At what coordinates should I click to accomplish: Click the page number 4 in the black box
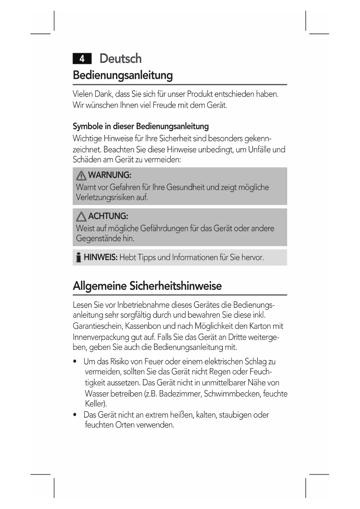click(82, 59)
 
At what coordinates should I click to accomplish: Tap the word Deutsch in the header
click(120, 59)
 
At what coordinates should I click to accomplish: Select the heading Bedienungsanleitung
click(123, 75)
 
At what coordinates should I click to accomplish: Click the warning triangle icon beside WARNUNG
click(81, 176)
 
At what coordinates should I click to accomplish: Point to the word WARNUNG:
click(110, 175)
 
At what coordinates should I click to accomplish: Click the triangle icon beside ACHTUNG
click(81, 216)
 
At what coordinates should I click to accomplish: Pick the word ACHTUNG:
click(108, 216)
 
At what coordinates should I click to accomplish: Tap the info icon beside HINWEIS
click(78, 257)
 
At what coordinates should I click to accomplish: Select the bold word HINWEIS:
click(100, 257)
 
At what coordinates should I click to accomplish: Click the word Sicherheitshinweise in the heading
click(176, 286)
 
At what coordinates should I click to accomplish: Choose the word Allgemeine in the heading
click(100, 286)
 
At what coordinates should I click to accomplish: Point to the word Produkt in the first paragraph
click(200, 94)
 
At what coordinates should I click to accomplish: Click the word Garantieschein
click(98, 326)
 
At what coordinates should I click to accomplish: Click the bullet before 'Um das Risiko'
click(75, 362)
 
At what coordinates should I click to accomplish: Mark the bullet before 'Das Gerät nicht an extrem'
click(75, 415)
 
